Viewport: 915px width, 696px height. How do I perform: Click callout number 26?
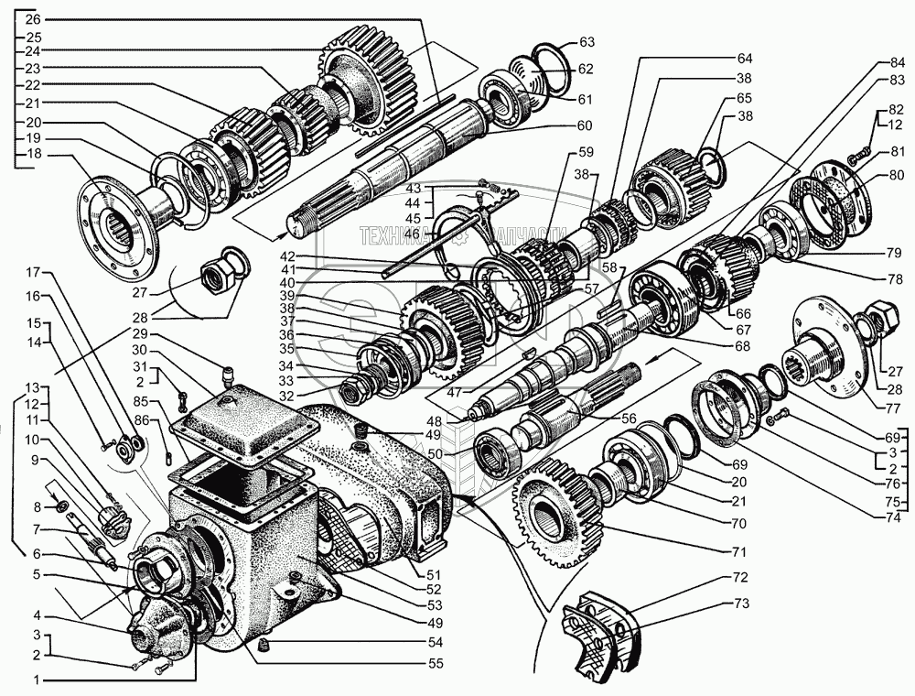click(x=33, y=19)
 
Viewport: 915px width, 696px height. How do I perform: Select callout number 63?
click(x=587, y=41)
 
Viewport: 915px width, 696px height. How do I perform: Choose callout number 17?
click(x=33, y=273)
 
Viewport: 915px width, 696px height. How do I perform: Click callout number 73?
click(x=740, y=604)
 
